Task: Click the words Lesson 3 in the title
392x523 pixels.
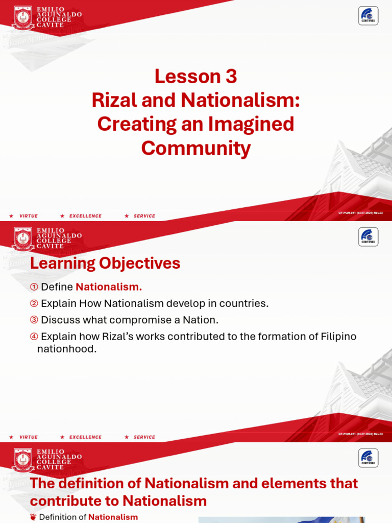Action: click(196, 77)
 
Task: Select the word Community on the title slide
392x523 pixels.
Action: click(196, 148)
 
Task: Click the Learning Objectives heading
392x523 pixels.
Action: click(105, 264)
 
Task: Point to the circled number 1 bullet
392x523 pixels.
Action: click(34, 288)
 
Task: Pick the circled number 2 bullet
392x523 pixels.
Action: click(34, 304)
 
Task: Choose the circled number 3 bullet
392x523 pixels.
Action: click(34, 320)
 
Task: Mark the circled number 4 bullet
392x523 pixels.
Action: click(34, 337)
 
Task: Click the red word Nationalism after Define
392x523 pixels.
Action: click(109, 287)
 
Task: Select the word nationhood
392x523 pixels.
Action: click(67, 350)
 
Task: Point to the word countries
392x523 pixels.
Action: click(247, 304)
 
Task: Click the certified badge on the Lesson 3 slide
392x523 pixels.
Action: click(368, 16)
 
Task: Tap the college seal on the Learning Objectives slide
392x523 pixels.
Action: click(23, 239)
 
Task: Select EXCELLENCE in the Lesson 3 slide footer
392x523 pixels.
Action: click(85, 216)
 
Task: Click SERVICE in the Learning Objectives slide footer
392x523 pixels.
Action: click(144, 437)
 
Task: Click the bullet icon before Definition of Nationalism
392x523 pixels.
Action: click(34, 517)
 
